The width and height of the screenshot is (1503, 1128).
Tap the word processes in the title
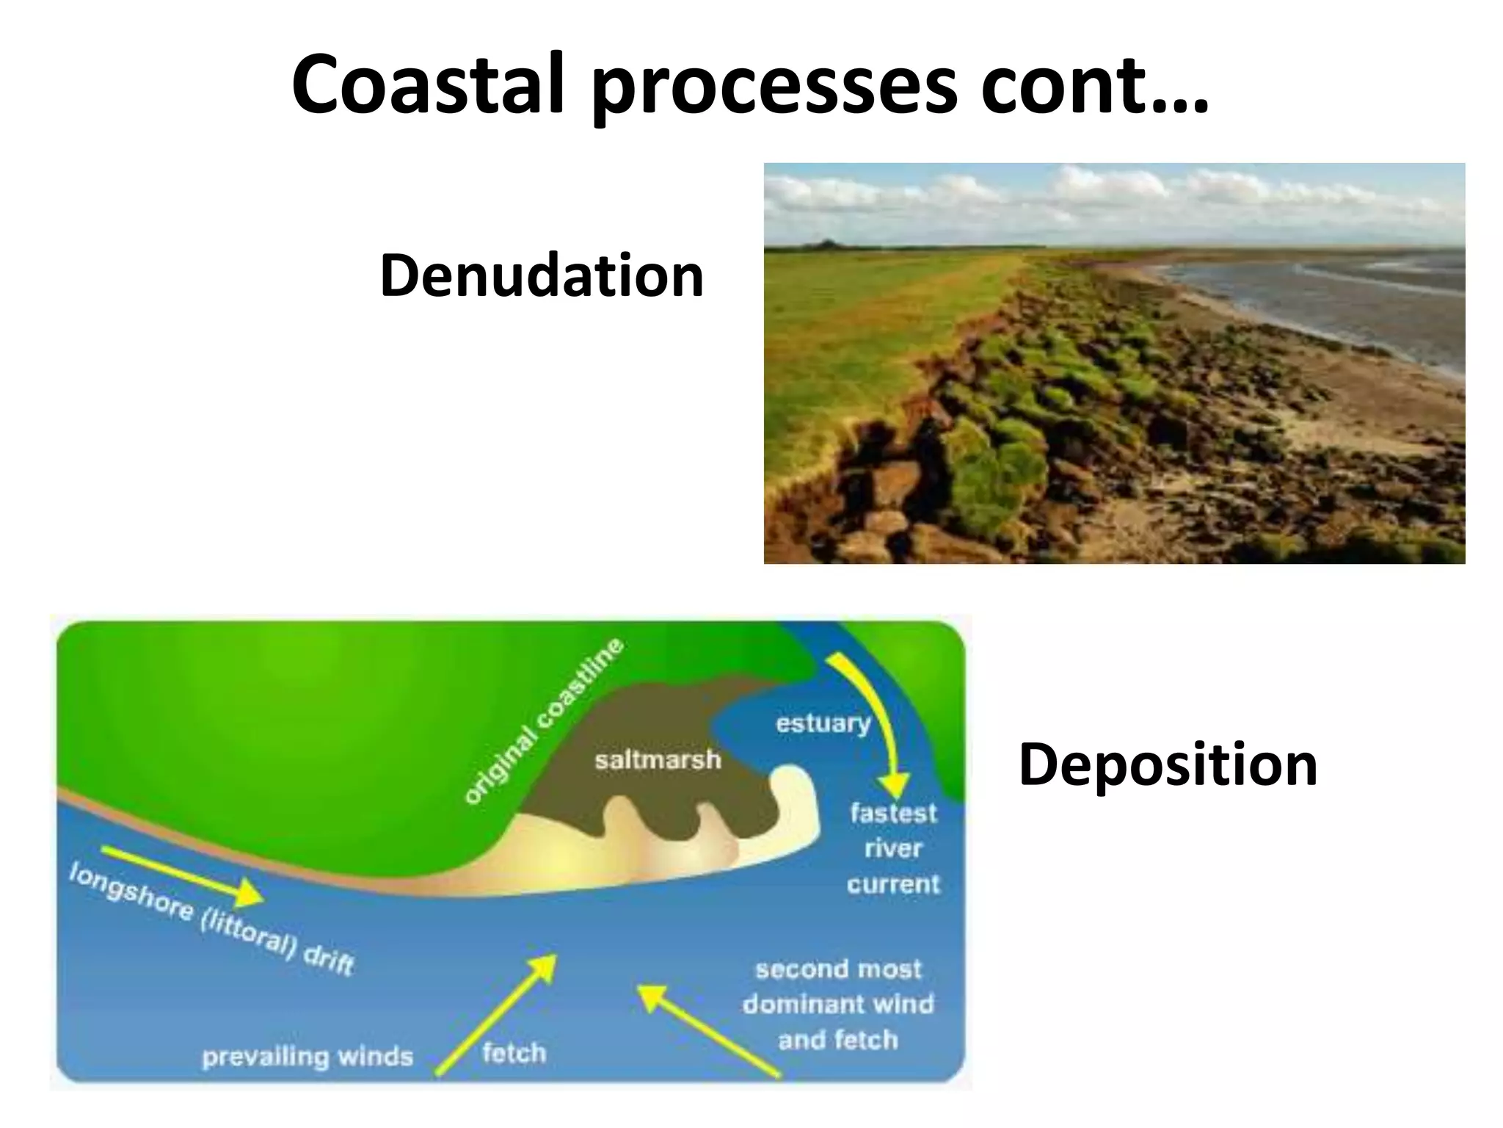(774, 88)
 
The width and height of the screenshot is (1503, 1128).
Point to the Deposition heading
(1168, 764)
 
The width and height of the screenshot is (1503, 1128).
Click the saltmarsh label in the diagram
(658, 759)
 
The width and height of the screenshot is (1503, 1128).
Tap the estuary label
(823, 724)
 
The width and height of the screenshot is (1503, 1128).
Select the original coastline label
(545, 722)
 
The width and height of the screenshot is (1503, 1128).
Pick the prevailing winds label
(307, 1057)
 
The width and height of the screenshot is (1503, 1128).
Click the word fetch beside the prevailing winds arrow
(514, 1053)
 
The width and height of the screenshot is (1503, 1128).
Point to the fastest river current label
(893, 848)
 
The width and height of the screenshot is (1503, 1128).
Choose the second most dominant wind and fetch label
(838, 1004)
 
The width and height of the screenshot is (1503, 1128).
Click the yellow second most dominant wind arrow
(708, 1032)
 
